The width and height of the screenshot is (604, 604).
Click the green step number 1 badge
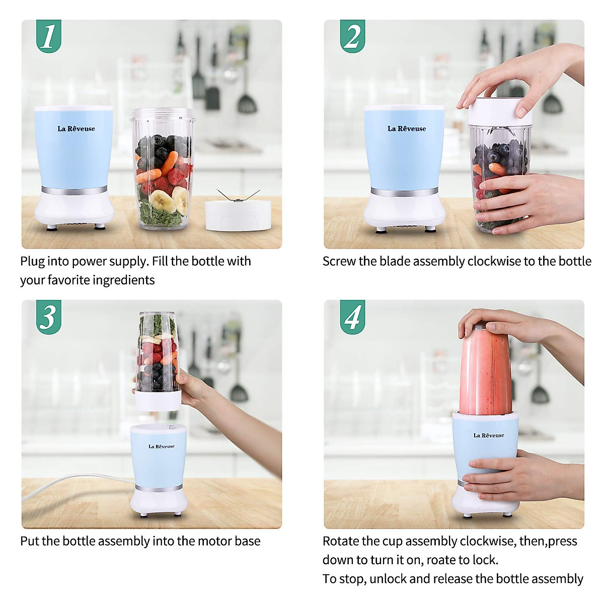pyautogui.click(x=49, y=36)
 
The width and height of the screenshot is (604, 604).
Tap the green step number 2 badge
pyautogui.click(x=352, y=36)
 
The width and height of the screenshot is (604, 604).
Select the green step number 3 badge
pyautogui.click(x=49, y=316)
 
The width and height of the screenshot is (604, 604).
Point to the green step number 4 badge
pyautogui.click(x=352, y=317)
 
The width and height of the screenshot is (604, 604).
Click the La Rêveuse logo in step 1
pyautogui.click(x=76, y=129)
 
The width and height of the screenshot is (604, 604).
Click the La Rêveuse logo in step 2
pyautogui.click(x=406, y=129)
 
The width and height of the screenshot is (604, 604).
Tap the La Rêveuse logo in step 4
pyautogui.click(x=488, y=435)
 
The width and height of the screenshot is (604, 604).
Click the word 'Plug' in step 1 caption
pyautogui.click(x=32, y=262)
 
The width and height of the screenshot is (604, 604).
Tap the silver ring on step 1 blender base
pyautogui.click(x=74, y=190)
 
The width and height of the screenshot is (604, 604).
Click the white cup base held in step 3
pyautogui.click(x=158, y=399)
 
